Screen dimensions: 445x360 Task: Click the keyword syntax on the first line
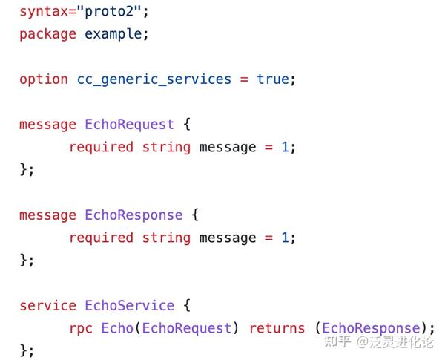[x=44, y=13]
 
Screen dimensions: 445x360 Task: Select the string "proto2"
[x=109, y=12]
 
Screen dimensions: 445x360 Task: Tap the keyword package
[x=47, y=35]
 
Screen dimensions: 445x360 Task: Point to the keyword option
[x=44, y=80]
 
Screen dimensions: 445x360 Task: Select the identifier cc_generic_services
[x=154, y=80]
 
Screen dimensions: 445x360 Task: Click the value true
[x=273, y=79]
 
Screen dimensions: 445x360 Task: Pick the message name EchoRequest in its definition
[x=129, y=125]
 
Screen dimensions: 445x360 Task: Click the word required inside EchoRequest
[x=102, y=148]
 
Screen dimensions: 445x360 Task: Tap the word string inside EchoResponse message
[x=166, y=238]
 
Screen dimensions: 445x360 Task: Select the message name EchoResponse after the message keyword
[x=133, y=216]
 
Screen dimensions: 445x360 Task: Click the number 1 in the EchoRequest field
[x=285, y=148]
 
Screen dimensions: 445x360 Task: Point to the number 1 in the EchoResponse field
[x=285, y=238]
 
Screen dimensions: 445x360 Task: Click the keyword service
[x=47, y=306]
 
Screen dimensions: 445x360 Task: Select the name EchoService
[x=130, y=306]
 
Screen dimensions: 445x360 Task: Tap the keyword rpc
[x=81, y=329]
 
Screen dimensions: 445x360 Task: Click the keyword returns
[x=277, y=329]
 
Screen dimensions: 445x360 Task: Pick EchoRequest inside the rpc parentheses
[x=187, y=329]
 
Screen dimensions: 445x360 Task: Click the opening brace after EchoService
[x=187, y=306]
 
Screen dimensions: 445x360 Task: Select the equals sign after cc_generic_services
[x=244, y=79]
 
